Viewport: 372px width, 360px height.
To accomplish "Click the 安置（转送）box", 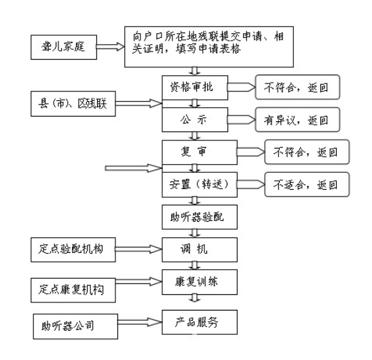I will (x=200, y=184).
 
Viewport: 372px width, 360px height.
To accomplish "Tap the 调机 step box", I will (x=200, y=249).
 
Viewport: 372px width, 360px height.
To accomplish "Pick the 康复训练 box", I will (x=200, y=281).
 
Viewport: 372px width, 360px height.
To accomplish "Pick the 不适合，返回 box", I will (x=305, y=184).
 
